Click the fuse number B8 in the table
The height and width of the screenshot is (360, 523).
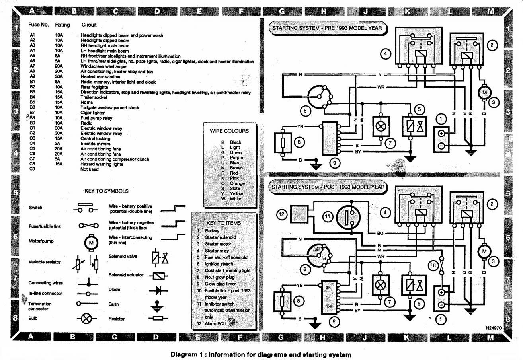33,118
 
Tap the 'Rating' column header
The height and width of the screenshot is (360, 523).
62,25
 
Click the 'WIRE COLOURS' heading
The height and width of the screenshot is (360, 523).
229,131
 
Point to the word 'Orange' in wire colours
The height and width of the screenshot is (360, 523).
237,183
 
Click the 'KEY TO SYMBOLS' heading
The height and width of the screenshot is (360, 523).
106,191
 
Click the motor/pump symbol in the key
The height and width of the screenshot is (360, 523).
90,242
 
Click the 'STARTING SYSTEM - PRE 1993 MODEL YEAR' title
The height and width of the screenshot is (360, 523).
326,28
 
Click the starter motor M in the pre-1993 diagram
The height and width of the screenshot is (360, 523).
484,93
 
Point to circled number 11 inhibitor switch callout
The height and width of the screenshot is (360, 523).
327,217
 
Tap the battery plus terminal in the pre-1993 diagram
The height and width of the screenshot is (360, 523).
441,134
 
